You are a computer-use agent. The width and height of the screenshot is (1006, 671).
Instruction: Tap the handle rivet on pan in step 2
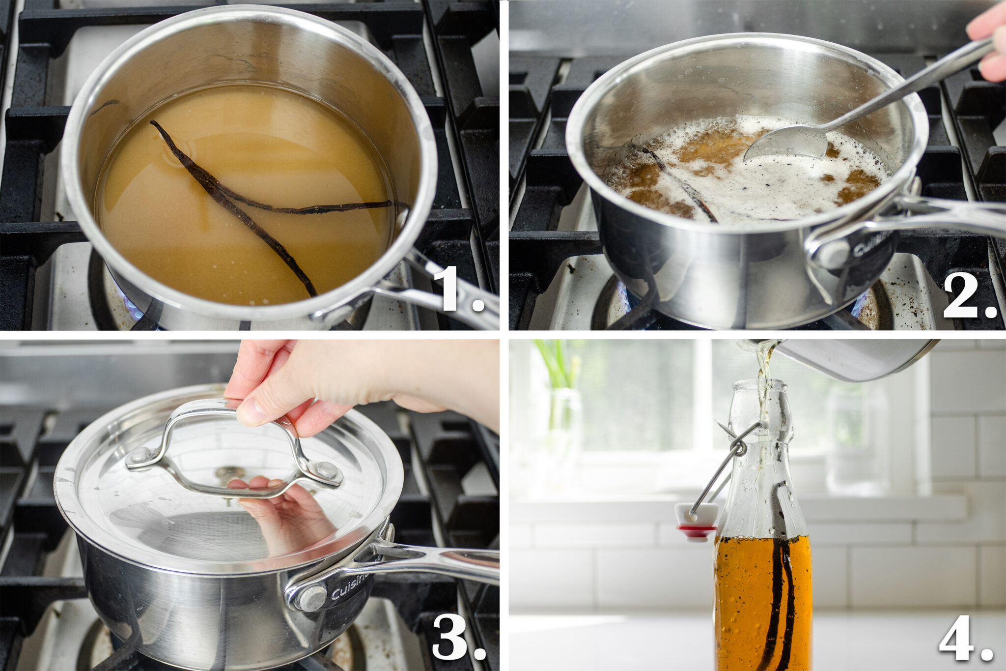pyautogui.click(x=833, y=255)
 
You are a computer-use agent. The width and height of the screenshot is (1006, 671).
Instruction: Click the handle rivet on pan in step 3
pyautogui.click(x=312, y=598)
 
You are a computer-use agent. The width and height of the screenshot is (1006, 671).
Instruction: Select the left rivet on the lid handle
pyautogui.click(x=141, y=455)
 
